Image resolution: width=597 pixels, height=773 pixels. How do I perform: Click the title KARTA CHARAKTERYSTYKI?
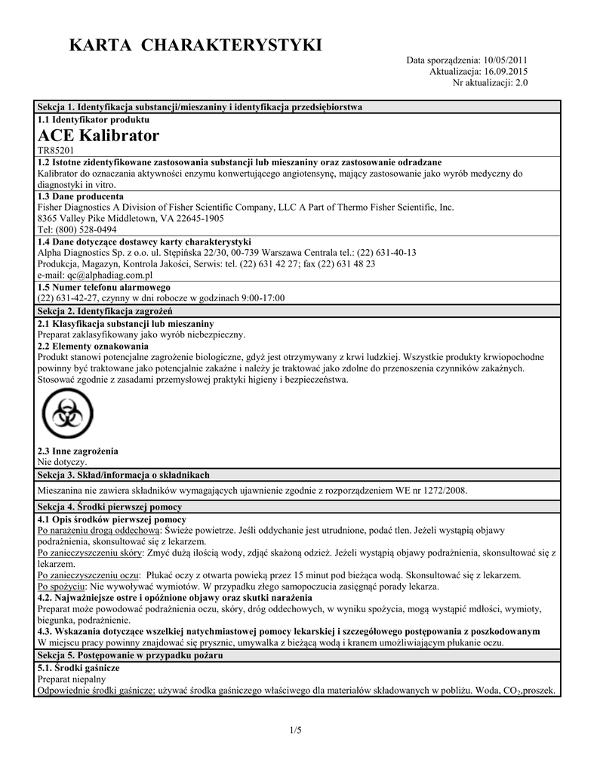(195, 46)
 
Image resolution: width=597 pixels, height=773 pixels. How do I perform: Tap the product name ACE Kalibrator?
(98, 136)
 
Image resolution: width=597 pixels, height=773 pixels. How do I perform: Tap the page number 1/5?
(295, 729)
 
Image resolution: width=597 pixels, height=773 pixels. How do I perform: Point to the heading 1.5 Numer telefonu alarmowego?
(103, 287)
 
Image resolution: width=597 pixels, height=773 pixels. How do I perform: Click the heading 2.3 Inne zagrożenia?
(78, 451)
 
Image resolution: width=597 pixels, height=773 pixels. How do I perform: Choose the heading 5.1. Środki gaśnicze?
(78, 668)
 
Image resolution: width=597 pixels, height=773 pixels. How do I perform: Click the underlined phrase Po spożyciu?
(62, 587)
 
